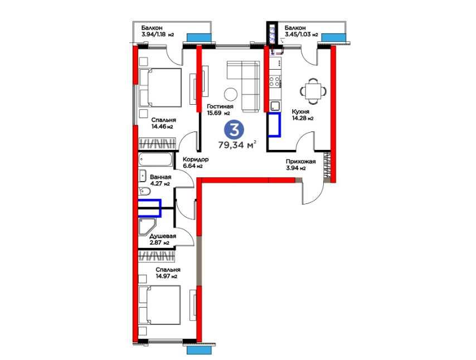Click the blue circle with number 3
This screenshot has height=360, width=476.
tap(234, 130)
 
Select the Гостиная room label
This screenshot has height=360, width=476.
tap(220, 106)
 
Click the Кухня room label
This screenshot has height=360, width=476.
tap(300, 111)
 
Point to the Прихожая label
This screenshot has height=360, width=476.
tap(301, 162)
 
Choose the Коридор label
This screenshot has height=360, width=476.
tap(196, 159)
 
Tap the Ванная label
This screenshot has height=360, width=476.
tap(161, 177)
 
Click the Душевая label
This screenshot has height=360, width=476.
tap(163, 236)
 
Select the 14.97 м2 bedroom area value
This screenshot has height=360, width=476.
tap(166, 276)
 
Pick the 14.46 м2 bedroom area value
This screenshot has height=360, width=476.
tap(162, 127)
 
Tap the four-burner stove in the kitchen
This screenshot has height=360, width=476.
tap(275, 81)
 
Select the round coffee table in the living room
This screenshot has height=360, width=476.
tap(231, 94)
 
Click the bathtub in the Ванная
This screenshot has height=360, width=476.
tap(156, 159)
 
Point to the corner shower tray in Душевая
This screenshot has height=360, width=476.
tap(147, 227)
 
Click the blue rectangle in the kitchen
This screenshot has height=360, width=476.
tap(274, 125)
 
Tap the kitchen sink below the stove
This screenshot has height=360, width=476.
tap(275, 106)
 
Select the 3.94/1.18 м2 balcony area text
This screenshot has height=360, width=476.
tap(158, 35)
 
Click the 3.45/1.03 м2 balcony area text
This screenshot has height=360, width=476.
tap(301, 35)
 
